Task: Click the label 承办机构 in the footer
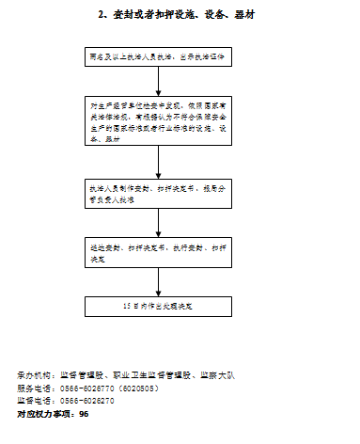coord(35,375)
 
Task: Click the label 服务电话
coord(35,388)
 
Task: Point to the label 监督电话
coord(35,400)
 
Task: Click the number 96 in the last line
coord(85,413)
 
